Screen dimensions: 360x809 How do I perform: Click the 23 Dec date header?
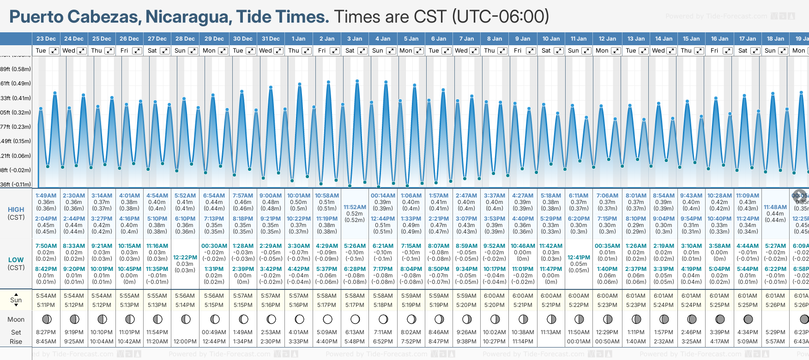point(46,39)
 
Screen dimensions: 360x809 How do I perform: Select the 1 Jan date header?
point(298,39)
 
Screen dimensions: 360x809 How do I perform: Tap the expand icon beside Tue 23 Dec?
point(54,51)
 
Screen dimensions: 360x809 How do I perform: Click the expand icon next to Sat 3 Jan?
point(363,51)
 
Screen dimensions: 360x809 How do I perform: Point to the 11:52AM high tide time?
point(355,207)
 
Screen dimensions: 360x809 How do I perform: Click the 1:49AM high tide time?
point(46,196)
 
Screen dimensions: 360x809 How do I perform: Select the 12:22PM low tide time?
point(185,258)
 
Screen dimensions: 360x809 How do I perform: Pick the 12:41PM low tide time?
point(579,258)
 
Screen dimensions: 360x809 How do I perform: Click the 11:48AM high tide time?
point(775,207)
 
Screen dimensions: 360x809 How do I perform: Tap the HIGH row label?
point(16,210)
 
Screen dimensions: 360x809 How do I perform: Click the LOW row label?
point(16,260)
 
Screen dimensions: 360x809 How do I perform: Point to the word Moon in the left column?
point(16,319)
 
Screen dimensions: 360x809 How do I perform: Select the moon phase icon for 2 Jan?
point(327,319)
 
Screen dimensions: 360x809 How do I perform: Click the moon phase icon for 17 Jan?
point(748,319)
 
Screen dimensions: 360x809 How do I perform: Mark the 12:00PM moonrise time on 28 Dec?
point(185,342)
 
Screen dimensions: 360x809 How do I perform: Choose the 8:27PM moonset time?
point(46,332)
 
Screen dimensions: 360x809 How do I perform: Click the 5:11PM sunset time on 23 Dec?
point(46,305)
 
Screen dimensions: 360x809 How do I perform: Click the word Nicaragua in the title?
point(189,17)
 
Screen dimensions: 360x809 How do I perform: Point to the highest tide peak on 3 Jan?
point(357,81)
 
